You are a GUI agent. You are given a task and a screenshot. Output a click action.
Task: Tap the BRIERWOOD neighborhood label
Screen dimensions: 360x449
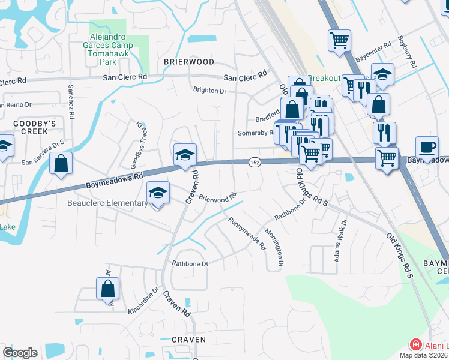pos(189,62)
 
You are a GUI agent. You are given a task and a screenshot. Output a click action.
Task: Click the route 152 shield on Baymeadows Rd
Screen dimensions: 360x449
pos(255,163)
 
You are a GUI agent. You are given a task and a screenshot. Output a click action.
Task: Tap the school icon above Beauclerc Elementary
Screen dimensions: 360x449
pos(158,193)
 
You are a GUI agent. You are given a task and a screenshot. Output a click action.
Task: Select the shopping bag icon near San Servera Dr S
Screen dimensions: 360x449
pos(61,163)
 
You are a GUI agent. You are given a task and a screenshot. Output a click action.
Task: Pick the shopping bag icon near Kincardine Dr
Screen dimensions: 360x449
pos(107,289)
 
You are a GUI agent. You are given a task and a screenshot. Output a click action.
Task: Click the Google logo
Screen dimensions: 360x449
pos(20,353)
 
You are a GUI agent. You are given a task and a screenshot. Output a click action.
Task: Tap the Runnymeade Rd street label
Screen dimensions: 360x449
pos(246,233)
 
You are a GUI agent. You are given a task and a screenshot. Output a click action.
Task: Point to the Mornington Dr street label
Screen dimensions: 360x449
pos(279,247)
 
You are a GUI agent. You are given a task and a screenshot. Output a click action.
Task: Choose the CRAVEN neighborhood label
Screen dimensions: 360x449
pos(188,340)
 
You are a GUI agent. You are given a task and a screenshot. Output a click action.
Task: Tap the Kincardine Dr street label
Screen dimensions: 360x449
pos(143,302)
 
